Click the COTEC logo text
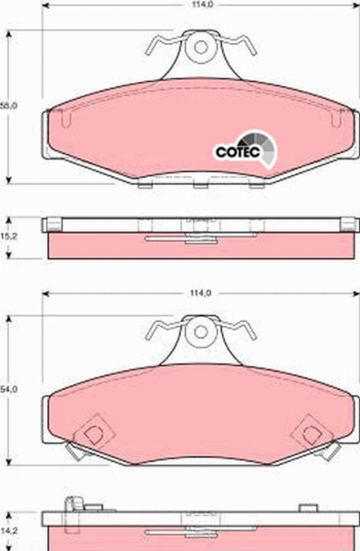click(x=237, y=152)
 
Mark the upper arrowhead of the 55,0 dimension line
click(x=8, y=34)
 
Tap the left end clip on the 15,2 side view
click(x=53, y=224)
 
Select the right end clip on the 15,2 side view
click(x=349, y=224)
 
